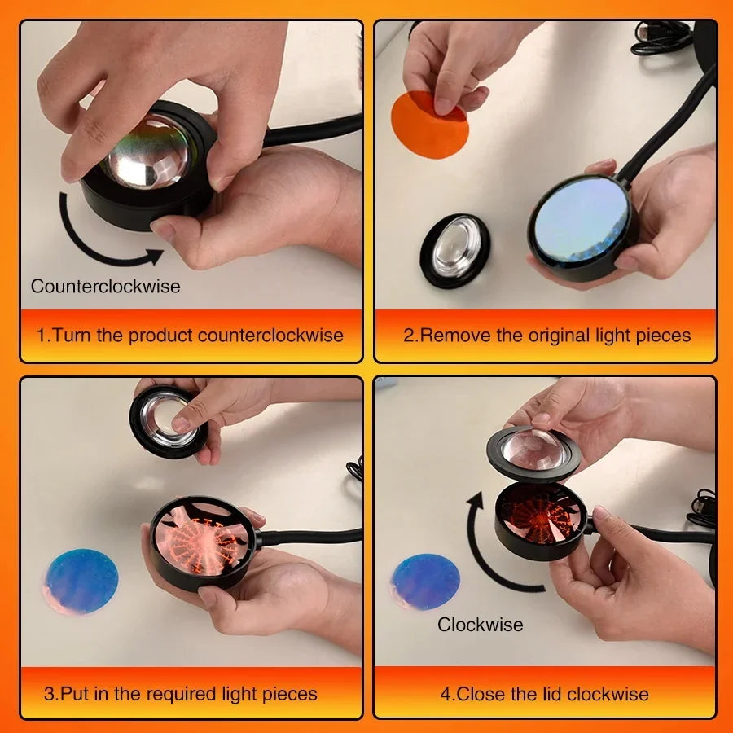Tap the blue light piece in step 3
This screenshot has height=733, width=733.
(81, 581)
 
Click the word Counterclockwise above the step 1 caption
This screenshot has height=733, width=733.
(106, 286)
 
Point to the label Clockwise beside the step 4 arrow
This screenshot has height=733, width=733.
(481, 625)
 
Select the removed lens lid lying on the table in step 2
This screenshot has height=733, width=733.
(454, 250)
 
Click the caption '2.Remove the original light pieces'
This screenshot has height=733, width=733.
(546, 335)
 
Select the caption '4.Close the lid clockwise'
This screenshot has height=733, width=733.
(544, 694)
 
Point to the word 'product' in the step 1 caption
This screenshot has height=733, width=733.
(163, 335)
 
